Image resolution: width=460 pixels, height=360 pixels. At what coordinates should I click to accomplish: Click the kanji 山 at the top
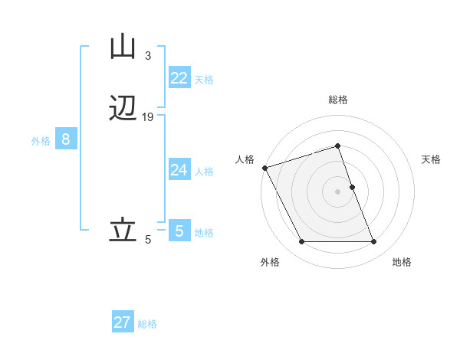point(123,47)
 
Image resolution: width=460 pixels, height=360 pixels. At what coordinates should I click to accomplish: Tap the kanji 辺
point(123,108)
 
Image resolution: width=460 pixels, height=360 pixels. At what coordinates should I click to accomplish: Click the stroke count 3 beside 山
point(147,56)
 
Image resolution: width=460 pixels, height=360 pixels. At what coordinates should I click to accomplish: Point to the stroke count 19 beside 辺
point(148,117)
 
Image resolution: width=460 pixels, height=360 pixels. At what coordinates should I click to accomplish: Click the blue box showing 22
point(179,78)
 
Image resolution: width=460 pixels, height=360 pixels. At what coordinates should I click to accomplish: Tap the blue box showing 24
point(179,170)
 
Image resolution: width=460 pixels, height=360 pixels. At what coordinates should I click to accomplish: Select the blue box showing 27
point(123,322)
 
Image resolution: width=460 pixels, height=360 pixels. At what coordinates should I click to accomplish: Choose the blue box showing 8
point(66,139)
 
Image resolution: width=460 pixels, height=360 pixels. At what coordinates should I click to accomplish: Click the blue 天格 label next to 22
point(204,80)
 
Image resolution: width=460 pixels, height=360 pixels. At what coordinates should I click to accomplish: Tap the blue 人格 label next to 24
point(204,172)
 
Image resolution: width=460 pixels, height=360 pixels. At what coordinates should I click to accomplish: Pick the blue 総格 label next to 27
point(147,324)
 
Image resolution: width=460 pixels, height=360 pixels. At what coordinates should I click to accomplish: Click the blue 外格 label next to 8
point(41,141)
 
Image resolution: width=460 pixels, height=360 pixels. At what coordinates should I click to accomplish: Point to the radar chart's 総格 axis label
point(338,100)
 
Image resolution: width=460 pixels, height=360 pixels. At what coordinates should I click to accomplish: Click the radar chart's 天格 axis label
point(432,159)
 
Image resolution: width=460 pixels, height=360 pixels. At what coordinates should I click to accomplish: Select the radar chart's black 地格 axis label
point(402,262)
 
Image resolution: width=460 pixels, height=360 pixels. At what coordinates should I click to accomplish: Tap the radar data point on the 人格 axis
point(264,168)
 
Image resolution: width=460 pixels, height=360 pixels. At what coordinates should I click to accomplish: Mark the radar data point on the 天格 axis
point(352,187)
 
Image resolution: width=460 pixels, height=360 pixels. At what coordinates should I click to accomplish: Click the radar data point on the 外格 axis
point(301,242)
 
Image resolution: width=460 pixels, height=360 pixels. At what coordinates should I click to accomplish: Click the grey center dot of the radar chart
point(338,191)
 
